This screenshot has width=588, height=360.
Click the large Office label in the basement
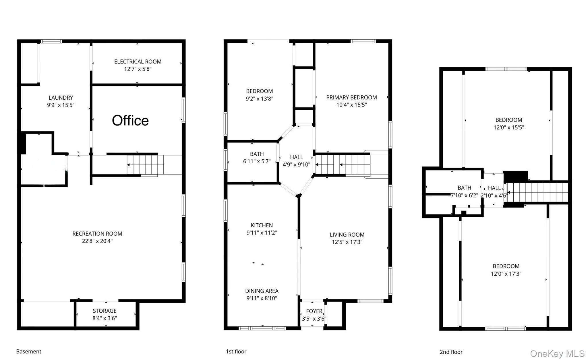(x=130, y=121)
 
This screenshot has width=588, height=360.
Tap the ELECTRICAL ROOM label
(x=138, y=61)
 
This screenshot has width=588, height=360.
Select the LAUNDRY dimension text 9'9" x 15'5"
(x=61, y=105)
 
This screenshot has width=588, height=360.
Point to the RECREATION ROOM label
(x=97, y=234)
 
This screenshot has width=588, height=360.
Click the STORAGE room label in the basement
(x=105, y=311)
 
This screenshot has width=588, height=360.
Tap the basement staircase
(x=145, y=165)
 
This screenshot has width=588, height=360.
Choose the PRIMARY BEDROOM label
(x=351, y=97)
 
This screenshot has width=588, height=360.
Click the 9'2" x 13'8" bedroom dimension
(x=260, y=99)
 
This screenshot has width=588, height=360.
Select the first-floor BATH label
(x=257, y=154)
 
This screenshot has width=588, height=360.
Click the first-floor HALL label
(x=296, y=157)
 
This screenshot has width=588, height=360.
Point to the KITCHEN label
(x=262, y=225)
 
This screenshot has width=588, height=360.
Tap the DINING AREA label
(x=262, y=291)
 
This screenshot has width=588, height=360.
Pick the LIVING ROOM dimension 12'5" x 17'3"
(x=347, y=242)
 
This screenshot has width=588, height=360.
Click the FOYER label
(x=314, y=311)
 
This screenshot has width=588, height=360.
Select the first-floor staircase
(x=343, y=164)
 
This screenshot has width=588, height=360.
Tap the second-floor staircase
(x=537, y=192)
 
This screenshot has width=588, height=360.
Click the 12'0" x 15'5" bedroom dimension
(x=509, y=127)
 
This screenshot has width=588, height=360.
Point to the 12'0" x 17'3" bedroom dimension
(x=506, y=274)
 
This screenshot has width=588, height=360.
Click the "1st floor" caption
(x=236, y=351)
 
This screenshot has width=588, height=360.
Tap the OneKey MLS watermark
(x=557, y=354)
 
